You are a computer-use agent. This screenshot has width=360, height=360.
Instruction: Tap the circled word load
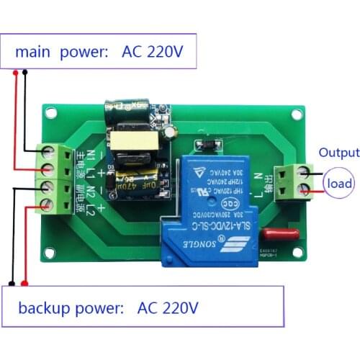coord(338,184)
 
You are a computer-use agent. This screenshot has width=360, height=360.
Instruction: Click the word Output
coord(339,153)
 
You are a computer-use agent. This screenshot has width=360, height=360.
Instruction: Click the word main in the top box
coord(33,52)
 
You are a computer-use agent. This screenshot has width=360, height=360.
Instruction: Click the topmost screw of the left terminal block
coord(50,151)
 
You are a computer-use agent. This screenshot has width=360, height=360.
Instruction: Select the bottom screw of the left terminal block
coord(50,207)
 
